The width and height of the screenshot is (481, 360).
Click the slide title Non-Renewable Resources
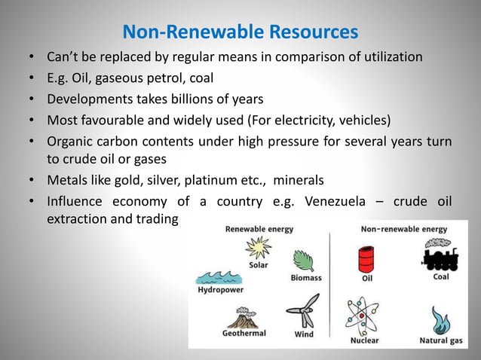[x=240, y=32]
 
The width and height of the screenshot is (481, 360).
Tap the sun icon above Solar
[x=258, y=247]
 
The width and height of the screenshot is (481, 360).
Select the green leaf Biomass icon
[x=304, y=261]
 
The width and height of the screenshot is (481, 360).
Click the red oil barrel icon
[x=367, y=259]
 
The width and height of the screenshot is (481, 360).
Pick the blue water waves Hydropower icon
[x=216, y=277]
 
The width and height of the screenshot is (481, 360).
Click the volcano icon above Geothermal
[x=244, y=317]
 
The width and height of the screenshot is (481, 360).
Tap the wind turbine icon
[x=304, y=311]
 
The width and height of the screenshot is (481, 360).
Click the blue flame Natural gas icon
[x=440, y=320]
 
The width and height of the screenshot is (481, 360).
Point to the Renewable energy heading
[x=259, y=229]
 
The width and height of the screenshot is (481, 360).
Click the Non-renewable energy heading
[x=403, y=229]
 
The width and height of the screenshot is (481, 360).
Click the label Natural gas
[x=441, y=340]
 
